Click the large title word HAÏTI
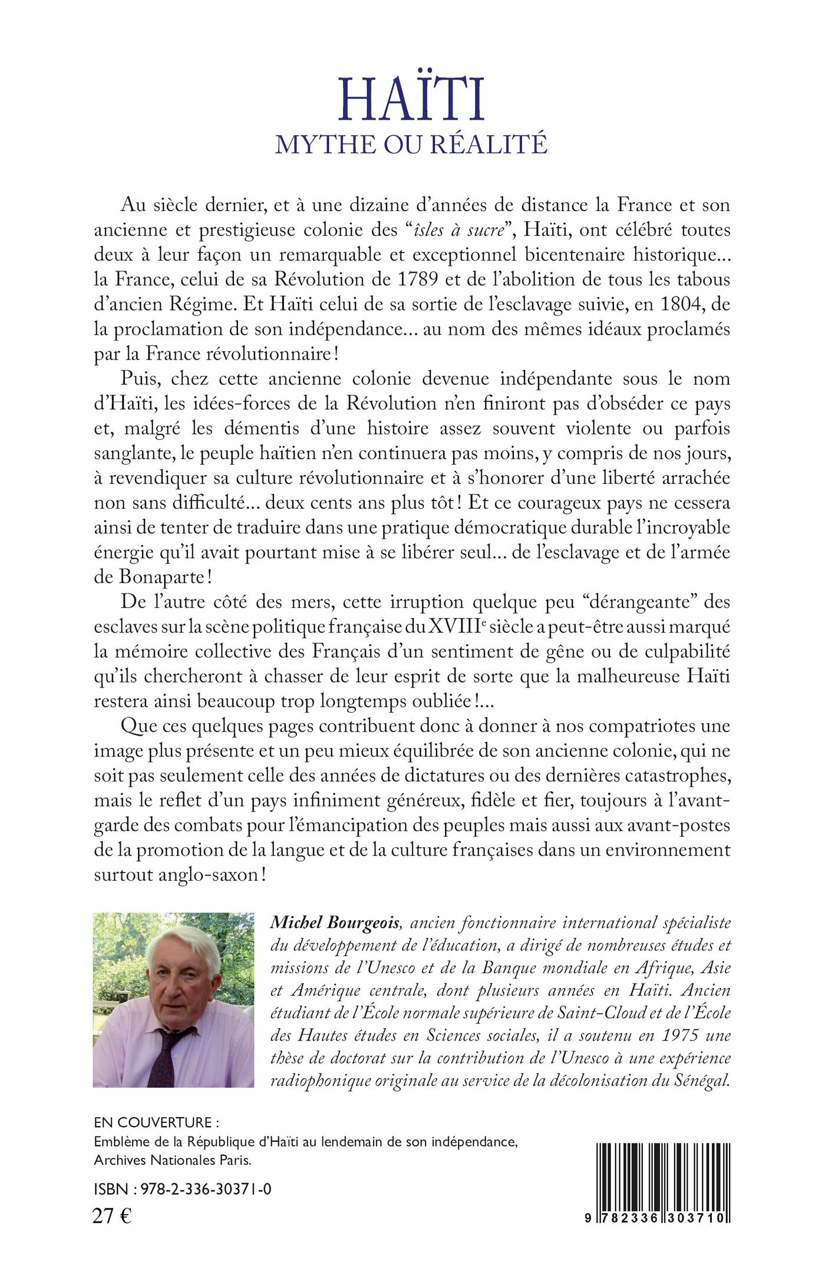pos(411,100)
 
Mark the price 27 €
pos(113,1216)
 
